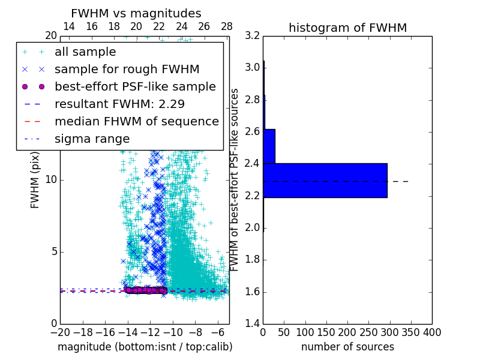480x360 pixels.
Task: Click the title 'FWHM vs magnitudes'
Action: pyautogui.click(x=136, y=13)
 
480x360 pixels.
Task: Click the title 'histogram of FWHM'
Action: pyautogui.click(x=347, y=28)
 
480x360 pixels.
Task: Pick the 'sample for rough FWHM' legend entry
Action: pyautogui.click(x=127, y=70)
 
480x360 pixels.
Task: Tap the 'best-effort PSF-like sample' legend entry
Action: pyautogui.click(x=135, y=86)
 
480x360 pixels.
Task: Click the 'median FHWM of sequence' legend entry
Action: pyautogui.click(x=136, y=121)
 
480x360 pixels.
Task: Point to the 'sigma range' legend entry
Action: pyautogui.click(x=92, y=139)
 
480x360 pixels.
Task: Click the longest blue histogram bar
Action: pyautogui.click(x=325, y=180)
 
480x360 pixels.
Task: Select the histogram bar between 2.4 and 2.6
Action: pyautogui.click(x=269, y=146)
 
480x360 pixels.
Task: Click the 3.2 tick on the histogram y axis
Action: pyautogui.click(x=253, y=35)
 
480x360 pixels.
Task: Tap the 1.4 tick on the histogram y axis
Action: pyautogui.click(x=253, y=324)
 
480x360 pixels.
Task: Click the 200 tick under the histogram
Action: pyautogui.click(x=347, y=332)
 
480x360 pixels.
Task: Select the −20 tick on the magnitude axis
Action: pyautogui.click(x=60, y=332)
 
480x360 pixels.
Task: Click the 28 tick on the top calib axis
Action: pyautogui.click(x=227, y=26)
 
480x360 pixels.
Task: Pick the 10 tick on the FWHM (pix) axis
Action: pyautogui.click(x=51, y=180)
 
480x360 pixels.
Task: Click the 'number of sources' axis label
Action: pyautogui.click(x=347, y=347)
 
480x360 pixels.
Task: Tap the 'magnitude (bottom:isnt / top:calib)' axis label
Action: pyautogui.click(x=145, y=347)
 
